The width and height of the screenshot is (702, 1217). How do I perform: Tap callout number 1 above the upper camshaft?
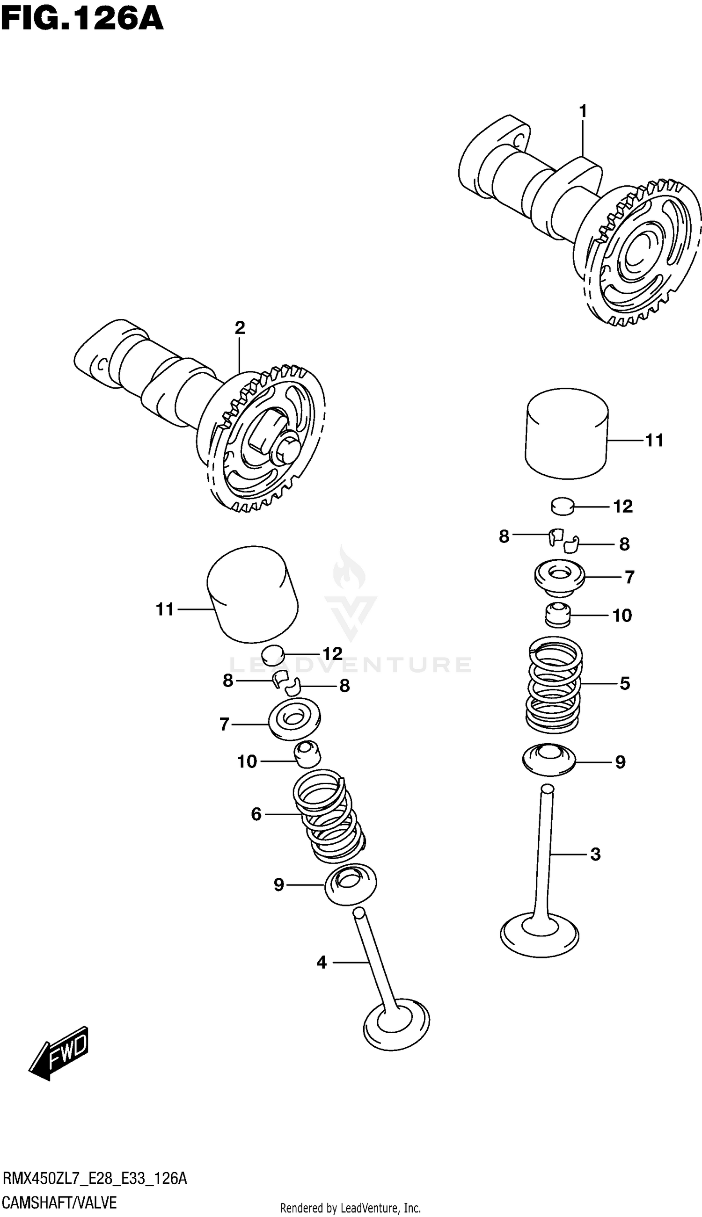pyautogui.click(x=583, y=112)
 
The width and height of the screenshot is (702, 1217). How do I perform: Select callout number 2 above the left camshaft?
pyautogui.click(x=240, y=328)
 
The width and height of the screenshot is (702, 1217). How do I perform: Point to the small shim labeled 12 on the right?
pyautogui.click(x=562, y=507)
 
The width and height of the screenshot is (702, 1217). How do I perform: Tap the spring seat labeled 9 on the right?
pyautogui.click(x=549, y=761)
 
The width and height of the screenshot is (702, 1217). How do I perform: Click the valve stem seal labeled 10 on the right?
pyautogui.click(x=558, y=615)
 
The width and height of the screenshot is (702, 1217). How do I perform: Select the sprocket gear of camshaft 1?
pyautogui.click(x=643, y=253)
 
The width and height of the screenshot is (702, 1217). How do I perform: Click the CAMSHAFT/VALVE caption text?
pyautogui.click(x=59, y=1203)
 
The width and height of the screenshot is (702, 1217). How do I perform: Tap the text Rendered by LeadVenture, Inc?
pyautogui.click(x=351, y=1208)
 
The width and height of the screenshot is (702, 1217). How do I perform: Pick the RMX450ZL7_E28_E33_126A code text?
pyautogui.click(x=95, y=1179)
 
